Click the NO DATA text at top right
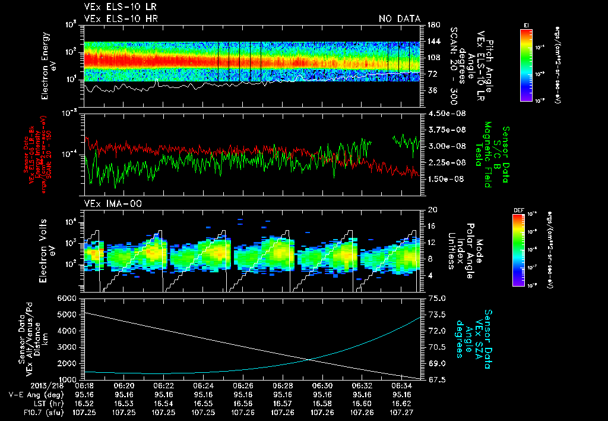400,18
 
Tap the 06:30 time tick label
322,385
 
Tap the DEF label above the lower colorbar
517,210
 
